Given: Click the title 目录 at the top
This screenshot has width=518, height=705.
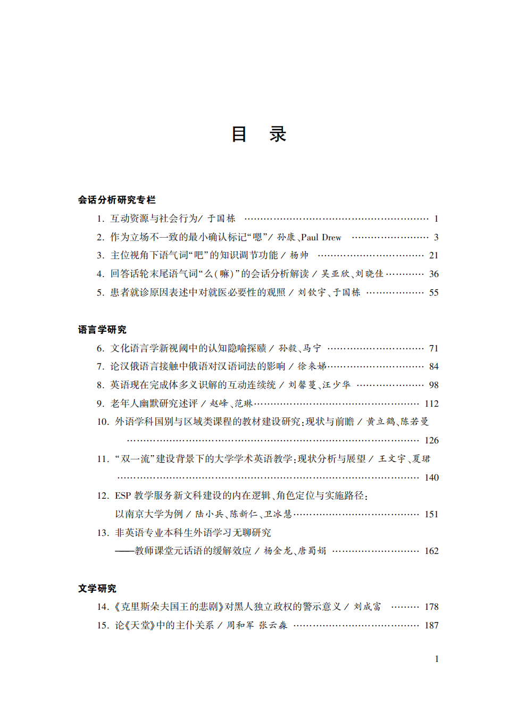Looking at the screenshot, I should (259, 134).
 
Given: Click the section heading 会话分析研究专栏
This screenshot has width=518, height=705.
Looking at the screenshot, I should (116, 200).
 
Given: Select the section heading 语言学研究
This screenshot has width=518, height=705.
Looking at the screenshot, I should (102, 330).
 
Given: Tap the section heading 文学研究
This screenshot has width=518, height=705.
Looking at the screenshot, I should (97, 588).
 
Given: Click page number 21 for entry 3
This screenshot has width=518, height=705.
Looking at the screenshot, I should (433, 256).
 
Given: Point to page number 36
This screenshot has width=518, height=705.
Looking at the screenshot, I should (433, 274).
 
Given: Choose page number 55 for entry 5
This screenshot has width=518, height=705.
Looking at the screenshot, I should (433, 292).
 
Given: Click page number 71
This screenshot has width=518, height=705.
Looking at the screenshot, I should (433, 348).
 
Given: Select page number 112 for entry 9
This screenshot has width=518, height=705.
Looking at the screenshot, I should (431, 404).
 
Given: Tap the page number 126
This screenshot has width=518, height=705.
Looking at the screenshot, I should (431, 440).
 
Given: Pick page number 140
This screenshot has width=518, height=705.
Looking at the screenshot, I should (431, 477).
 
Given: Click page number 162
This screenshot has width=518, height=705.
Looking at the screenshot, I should (431, 551).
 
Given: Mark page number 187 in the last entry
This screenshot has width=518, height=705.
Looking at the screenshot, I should (431, 625).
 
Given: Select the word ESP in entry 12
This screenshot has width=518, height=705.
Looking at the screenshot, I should (123, 496).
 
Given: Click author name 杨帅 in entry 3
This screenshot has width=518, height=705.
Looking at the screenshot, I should (299, 256).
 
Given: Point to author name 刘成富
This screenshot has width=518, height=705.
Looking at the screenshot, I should (367, 607).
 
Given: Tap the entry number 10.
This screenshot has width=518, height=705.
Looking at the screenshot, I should (103, 422).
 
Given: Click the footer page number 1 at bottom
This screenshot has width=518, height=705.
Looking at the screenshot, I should (437, 659).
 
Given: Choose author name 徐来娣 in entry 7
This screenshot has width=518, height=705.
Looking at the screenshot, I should (312, 366).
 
